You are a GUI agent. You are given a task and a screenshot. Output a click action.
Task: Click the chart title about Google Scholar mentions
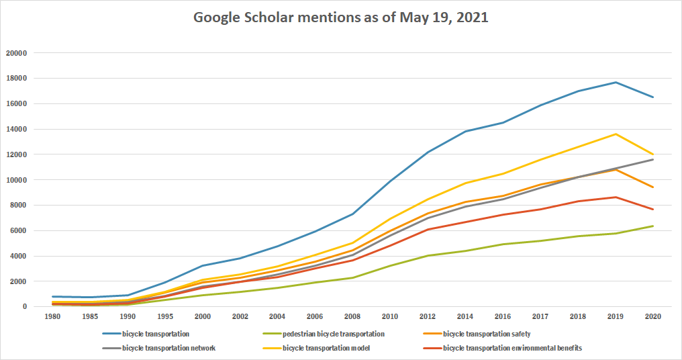pos(340,17)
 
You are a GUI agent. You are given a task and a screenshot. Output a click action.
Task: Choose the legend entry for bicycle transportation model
pos(326,348)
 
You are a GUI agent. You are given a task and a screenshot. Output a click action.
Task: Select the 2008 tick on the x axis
pos(353,315)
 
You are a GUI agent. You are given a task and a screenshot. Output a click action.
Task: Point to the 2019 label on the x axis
pos(615,315)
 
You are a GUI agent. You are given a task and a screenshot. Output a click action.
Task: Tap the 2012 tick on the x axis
pos(428,315)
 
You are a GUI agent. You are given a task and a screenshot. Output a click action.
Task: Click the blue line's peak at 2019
pos(615,82)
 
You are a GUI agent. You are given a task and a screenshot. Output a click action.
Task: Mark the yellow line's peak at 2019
pos(615,134)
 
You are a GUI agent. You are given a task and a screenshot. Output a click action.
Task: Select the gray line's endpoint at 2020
pos(652,159)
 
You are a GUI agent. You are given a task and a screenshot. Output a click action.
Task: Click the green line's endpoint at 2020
pos(652,226)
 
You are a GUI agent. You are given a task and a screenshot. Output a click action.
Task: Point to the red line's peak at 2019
pos(615,197)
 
